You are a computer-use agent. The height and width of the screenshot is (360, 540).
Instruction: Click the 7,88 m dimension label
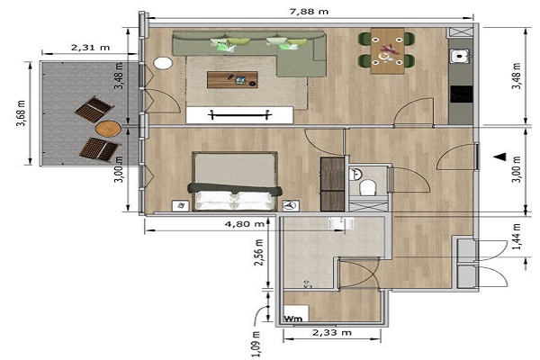tap(310, 12)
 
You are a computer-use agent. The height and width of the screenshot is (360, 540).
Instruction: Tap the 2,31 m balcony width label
tap(91, 47)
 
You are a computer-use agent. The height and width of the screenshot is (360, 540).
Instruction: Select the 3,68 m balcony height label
tap(21, 113)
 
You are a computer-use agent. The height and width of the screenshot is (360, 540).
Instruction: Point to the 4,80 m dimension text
tap(245, 224)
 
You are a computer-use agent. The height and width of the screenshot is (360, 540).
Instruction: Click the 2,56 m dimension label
tap(258, 253)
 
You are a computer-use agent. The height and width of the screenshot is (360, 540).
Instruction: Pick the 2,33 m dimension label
tap(332, 332)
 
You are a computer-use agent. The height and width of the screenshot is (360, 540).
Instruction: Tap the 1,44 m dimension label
tap(517, 237)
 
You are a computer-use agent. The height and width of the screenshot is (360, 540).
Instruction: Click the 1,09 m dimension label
tap(256, 344)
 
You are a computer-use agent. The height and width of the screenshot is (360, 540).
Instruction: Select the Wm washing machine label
tap(293, 319)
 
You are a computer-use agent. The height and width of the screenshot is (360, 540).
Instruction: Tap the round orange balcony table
tap(108, 130)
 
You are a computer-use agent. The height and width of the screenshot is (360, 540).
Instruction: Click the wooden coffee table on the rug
tap(232, 79)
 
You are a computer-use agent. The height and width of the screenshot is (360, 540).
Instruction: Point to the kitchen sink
tap(460, 56)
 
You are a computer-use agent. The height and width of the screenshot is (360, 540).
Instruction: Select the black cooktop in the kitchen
tap(462, 94)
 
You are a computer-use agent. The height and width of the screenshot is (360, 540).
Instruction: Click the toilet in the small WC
tap(368, 187)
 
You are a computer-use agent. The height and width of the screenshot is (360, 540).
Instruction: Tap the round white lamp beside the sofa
tap(163, 63)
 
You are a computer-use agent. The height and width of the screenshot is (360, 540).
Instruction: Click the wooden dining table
tap(387, 51)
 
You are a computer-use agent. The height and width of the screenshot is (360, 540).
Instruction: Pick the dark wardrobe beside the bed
tap(333, 184)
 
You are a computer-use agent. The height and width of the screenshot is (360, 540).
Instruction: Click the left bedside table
tap(181, 206)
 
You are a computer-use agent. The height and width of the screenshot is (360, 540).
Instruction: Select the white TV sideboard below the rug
tap(239, 115)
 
